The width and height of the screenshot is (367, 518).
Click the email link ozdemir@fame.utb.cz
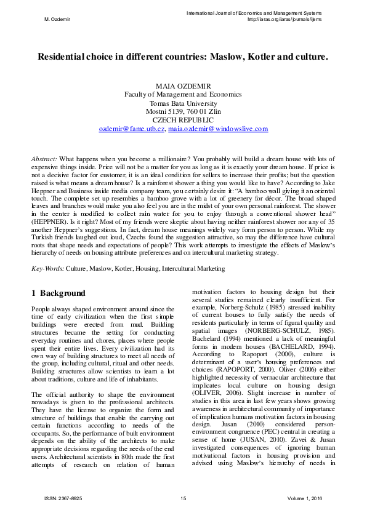(x=132, y=129)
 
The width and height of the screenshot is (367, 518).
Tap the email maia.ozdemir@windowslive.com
(x=219, y=129)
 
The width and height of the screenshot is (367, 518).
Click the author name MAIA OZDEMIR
(x=183, y=86)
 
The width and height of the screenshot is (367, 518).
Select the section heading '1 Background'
(x=58, y=293)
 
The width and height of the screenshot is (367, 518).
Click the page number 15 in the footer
(x=183, y=497)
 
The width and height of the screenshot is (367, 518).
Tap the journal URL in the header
(x=284, y=19)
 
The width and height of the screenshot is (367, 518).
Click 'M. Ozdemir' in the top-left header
(x=57, y=19)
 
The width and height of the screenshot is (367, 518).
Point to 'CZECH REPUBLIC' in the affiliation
(x=183, y=121)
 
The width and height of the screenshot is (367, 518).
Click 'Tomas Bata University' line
(x=183, y=103)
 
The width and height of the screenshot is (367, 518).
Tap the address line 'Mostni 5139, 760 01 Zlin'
(x=183, y=112)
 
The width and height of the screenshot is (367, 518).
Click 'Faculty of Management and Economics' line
(x=183, y=95)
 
